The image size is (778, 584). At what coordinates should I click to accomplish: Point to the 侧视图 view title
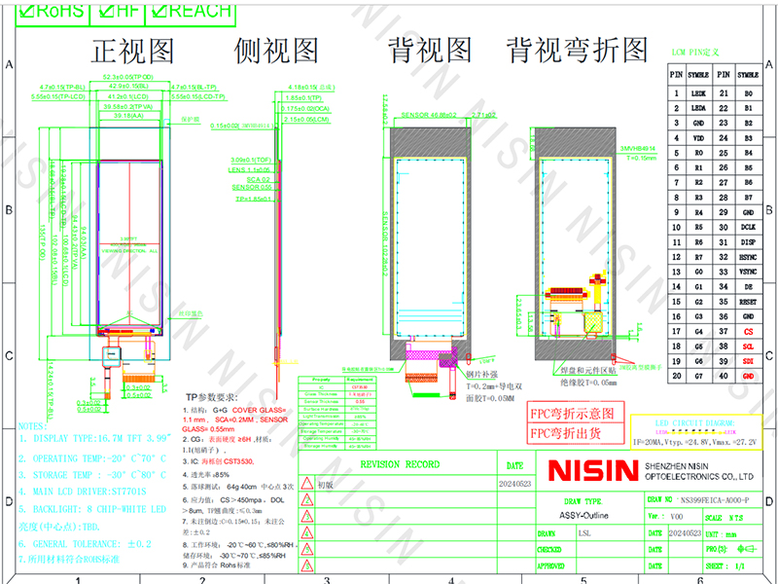point(276,50)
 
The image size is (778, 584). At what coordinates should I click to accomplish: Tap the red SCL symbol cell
point(748,347)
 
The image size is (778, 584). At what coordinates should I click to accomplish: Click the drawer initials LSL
point(583,533)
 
